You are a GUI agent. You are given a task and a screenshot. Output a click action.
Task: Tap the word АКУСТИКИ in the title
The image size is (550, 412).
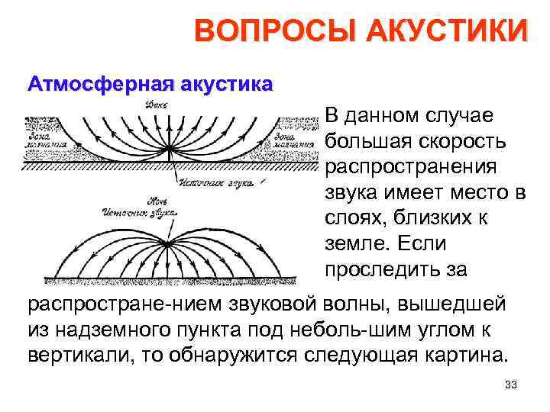[447, 33]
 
